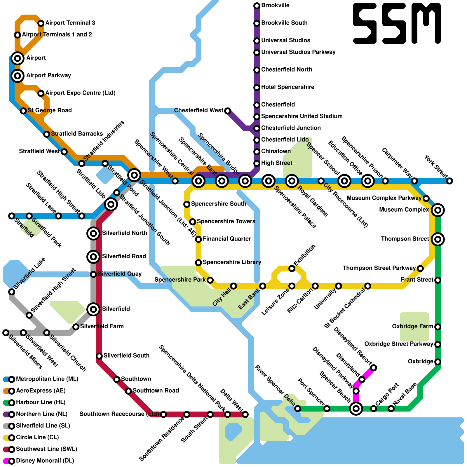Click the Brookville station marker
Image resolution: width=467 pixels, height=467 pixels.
coord(257,6)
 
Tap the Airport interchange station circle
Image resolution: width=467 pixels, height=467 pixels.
coord(18,58)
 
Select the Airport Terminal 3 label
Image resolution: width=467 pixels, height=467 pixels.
coord(70,23)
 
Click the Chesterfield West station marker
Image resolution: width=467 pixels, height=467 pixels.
coord(228,111)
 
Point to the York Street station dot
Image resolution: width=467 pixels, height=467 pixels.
coord(449,181)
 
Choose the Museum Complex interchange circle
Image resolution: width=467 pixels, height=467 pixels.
coord(438,210)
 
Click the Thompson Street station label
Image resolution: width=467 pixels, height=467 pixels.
coord(405,239)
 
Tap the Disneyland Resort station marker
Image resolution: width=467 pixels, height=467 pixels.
coord(374,368)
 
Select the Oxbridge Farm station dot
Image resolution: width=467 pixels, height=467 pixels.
coord(438,327)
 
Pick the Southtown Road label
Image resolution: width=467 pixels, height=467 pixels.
coord(156,391)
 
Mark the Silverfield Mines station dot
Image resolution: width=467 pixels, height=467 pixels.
coord(6,333)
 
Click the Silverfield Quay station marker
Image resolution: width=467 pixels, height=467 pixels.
coord(93,274)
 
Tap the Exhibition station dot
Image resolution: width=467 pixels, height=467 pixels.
coord(292,269)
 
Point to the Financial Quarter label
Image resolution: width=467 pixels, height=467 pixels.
coord(227,239)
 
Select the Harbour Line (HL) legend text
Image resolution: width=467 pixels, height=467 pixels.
coord(41,402)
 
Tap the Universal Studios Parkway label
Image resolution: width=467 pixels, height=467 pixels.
coord(298,52)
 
